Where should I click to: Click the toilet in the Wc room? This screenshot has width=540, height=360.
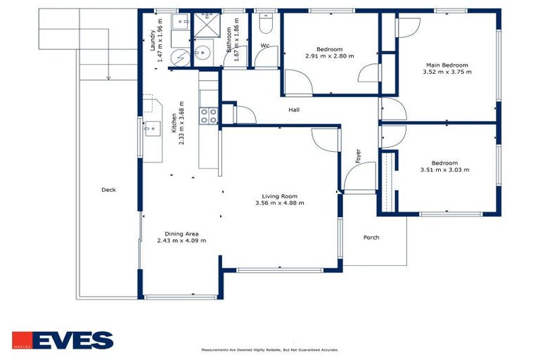coord(265,25)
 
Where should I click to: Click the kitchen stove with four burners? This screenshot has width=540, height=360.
coord(209,115)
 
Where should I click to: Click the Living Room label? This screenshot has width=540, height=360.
coord(280,196)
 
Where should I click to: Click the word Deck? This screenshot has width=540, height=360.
coord(108,190)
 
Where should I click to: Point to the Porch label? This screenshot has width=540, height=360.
coord(371,238)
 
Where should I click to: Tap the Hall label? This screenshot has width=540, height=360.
coord(295,110)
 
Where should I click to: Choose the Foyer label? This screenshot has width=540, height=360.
coord(358,155)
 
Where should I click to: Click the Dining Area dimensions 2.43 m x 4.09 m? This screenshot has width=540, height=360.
coord(181,240)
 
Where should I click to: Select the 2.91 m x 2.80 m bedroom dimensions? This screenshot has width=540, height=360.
coord(329,56)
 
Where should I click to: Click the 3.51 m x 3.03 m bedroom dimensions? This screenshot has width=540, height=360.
coord(444,169)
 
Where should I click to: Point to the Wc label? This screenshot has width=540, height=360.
coord(265,46)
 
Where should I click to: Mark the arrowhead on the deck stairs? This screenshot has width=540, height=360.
coord(108,78)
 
